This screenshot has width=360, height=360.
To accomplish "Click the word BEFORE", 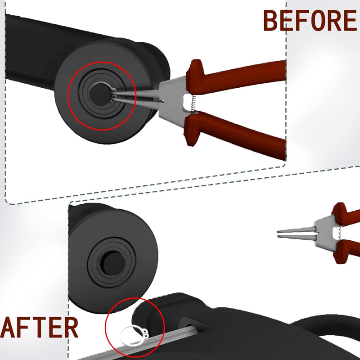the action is pyautogui.click(x=310, y=21).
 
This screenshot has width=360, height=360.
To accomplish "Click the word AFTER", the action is pyautogui.click(x=39, y=327).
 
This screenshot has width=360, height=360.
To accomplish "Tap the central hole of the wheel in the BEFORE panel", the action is pyautogui.click(x=100, y=94).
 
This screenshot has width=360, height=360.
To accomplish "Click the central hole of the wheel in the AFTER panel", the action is pyautogui.click(x=112, y=262).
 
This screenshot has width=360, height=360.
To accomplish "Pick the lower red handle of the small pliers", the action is pyautogui.click(x=346, y=252).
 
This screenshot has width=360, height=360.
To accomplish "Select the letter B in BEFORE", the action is pyautogui.click(x=271, y=21).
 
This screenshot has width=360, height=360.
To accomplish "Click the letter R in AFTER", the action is pyautogui.click(x=70, y=327).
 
